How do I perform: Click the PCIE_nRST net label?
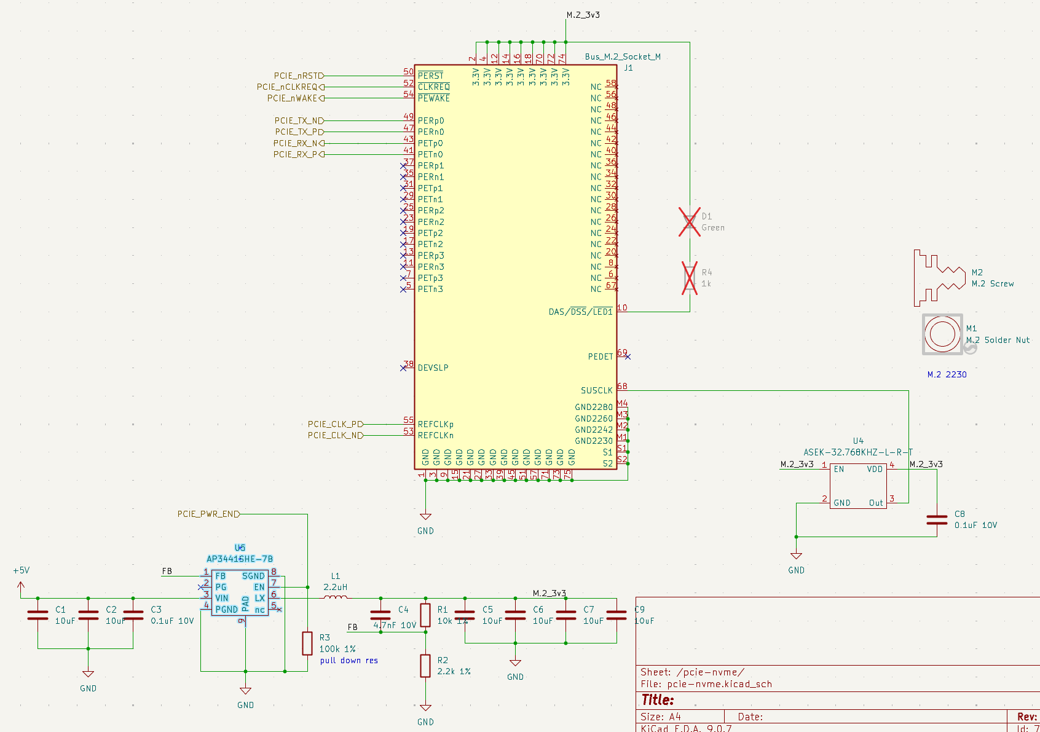[299, 76]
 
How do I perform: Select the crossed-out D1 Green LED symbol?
[690, 222]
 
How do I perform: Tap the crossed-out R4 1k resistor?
[690, 278]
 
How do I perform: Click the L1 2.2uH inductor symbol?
[335, 597]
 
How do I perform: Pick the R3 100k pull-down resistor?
[307, 643]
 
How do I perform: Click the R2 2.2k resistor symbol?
[425, 666]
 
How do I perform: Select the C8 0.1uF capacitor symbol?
[937, 520]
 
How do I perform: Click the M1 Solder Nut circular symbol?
[942, 334]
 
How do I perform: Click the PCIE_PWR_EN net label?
[208, 514]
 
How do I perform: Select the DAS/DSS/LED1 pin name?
[580, 312]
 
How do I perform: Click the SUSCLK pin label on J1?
[596, 390]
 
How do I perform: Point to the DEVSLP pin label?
[433, 368]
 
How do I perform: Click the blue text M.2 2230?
[947, 374]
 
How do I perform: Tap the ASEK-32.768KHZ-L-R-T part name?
[858, 452]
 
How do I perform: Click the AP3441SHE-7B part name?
[240, 559]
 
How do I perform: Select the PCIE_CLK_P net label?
[335, 424]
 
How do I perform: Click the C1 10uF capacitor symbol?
[37, 615]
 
